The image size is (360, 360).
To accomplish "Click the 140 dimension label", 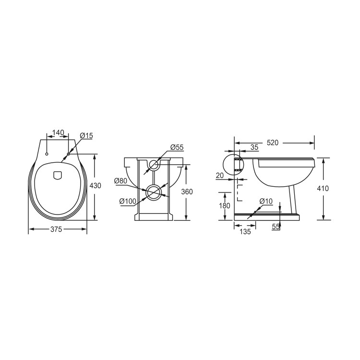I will tap(58, 132).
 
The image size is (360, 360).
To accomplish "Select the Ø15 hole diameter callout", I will tap(86, 136).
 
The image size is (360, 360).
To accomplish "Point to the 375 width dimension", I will tap(57, 229).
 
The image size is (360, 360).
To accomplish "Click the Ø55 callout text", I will tap(177, 147).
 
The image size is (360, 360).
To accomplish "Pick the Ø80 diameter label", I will tap(120, 181).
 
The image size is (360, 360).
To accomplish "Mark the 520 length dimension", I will tap(273, 142).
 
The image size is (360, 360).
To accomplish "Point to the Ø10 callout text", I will tap(266, 201).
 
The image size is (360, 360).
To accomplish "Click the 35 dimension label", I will tap(254, 147).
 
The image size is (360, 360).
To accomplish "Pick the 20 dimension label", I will tap(220, 176).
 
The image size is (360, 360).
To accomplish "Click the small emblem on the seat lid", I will tap(58, 175).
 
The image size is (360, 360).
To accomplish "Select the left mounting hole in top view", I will tap(47, 154).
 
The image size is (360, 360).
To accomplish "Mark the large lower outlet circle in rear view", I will tap(154, 192).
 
